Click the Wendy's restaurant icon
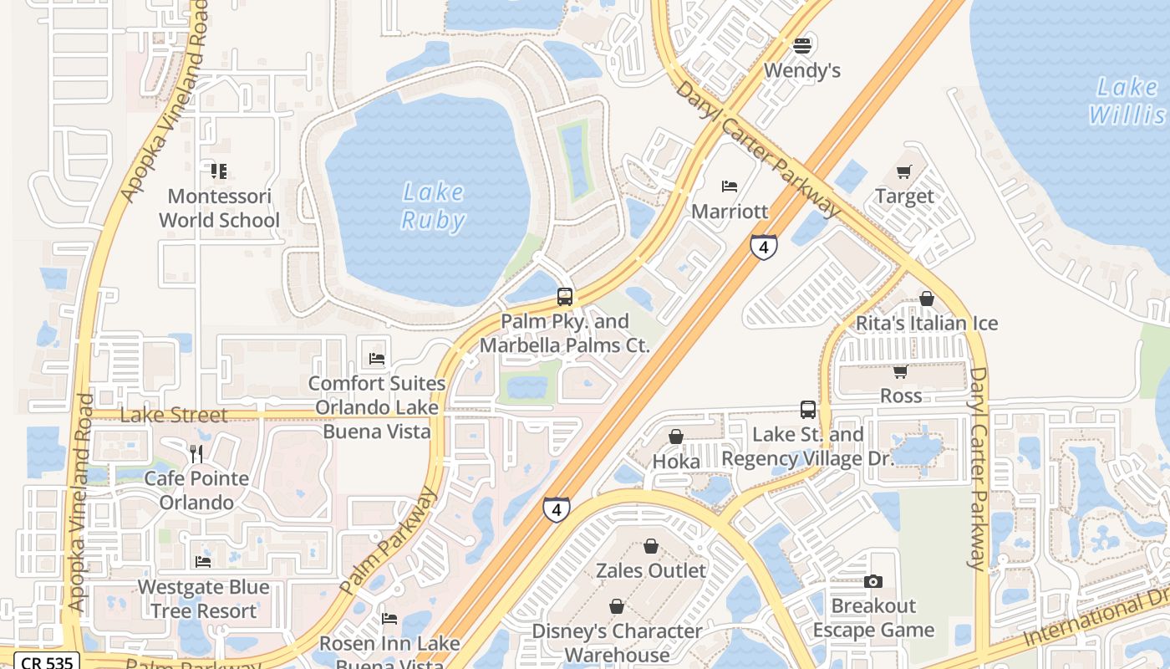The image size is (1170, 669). pyautogui.click(x=802, y=45)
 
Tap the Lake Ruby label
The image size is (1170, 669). pyautogui.click(x=433, y=206)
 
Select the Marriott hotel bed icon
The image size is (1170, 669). pyautogui.click(x=730, y=186)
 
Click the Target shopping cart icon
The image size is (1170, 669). pyautogui.click(x=903, y=171)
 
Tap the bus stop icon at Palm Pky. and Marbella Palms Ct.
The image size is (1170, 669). pyautogui.click(x=565, y=297)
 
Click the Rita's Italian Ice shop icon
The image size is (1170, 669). pyautogui.click(x=926, y=299)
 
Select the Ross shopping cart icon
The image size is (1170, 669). pyautogui.click(x=900, y=370)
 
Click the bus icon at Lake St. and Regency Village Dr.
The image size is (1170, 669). pyautogui.click(x=807, y=410)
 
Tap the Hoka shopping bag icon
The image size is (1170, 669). pyautogui.click(x=676, y=437)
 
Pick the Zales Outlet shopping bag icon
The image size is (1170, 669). pyautogui.click(x=651, y=546)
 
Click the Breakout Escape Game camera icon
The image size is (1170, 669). pyautogui.click(x=873, y=581)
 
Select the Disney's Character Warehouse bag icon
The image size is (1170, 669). pyautogui.click(x=617, y=606)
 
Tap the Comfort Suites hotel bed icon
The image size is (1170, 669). pyautogui.click(x=377, y=359)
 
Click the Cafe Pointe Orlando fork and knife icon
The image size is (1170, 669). pyautogui.click(x=196, y=454)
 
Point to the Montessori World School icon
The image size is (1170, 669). pyautogui.click(x=219, y=171)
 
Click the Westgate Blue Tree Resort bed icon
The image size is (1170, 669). pyautogui.click(x=203, y=562)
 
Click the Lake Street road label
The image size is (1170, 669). pyautogui.click(x=174, y=415)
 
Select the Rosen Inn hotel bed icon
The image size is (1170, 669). pyautogui.click(x=389, y=619)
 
